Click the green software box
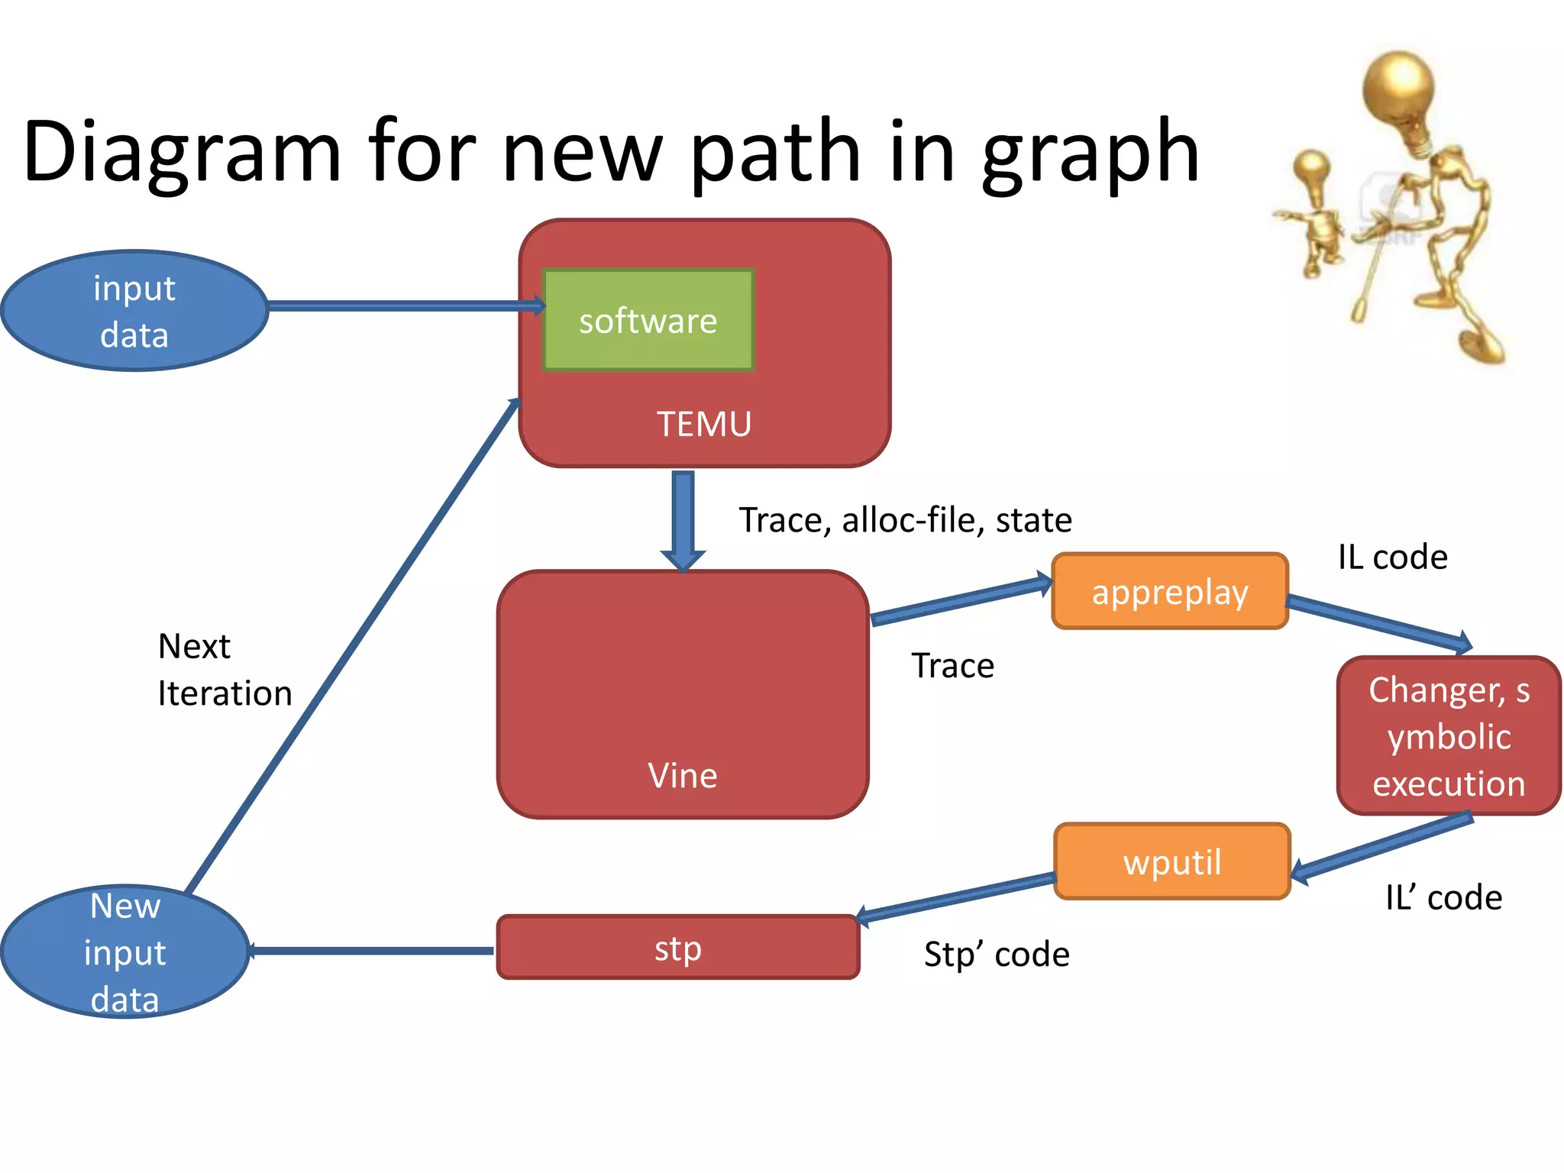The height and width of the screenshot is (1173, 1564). click(x=648, y=320)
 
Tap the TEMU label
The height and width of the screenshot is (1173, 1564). click(x=704, y=424)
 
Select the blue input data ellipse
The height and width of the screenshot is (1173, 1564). click(x=134, y=311)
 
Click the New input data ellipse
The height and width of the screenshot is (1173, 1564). click(x=125, y=952)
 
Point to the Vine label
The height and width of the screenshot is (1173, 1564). click(x=682, y=775)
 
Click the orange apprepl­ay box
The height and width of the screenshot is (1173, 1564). click(x=1169, y=592)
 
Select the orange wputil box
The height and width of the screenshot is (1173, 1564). click(x=1171, y=861)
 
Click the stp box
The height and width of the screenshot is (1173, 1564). click(x=677, y=948)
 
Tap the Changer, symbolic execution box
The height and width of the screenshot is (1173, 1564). click(x=1448, y=736)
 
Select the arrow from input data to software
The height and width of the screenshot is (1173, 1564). click(x=405, y=306)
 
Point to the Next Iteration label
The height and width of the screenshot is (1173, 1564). click(x=225, y=670)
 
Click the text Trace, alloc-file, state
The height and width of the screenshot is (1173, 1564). click(x=905, y=520)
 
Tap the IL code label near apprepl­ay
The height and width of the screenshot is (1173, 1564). click(x=1392, y=557)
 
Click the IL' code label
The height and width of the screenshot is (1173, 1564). click(x=1443, y=897)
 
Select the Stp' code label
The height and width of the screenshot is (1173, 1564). click(x=997, y=955)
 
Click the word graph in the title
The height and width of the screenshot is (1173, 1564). click(x=1090, y=153)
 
